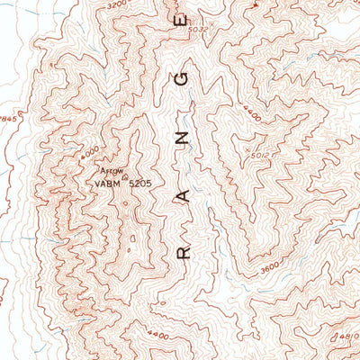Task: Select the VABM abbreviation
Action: pyautogui.click(x=108, y=184)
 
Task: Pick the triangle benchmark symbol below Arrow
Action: pyautogui.click(x=124, y=177)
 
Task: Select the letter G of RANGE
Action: pyautogui.click(x=184, y=79)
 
